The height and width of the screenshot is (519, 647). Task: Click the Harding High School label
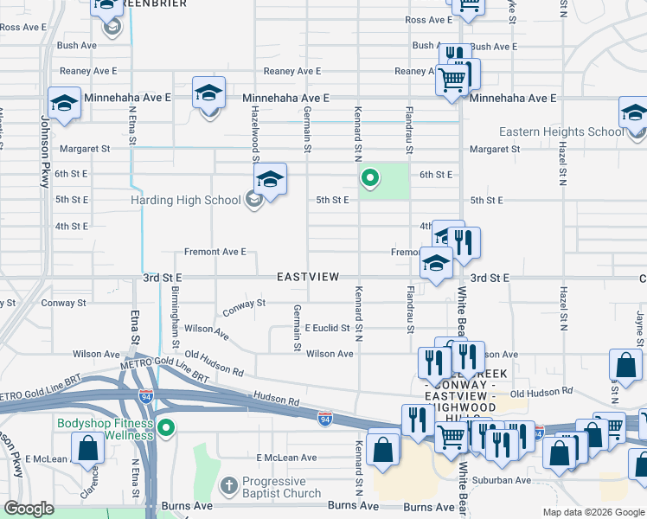pos(185,201)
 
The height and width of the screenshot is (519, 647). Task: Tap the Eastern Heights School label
pos(561,132)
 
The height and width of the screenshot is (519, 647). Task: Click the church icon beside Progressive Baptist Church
pos(228,485)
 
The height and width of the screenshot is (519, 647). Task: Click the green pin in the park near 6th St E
pos(369,179)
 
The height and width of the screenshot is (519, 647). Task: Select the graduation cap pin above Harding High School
pos(270,180)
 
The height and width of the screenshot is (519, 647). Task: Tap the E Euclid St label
pos(328,329)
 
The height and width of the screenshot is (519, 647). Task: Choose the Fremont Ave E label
pos(215,252)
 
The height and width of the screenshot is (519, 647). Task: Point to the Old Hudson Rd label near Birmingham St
pos(214,362)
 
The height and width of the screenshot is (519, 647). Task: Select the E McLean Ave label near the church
pos(287,458)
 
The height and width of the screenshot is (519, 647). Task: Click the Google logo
pos(29,509)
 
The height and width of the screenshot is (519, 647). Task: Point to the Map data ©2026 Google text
pos(593,512)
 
